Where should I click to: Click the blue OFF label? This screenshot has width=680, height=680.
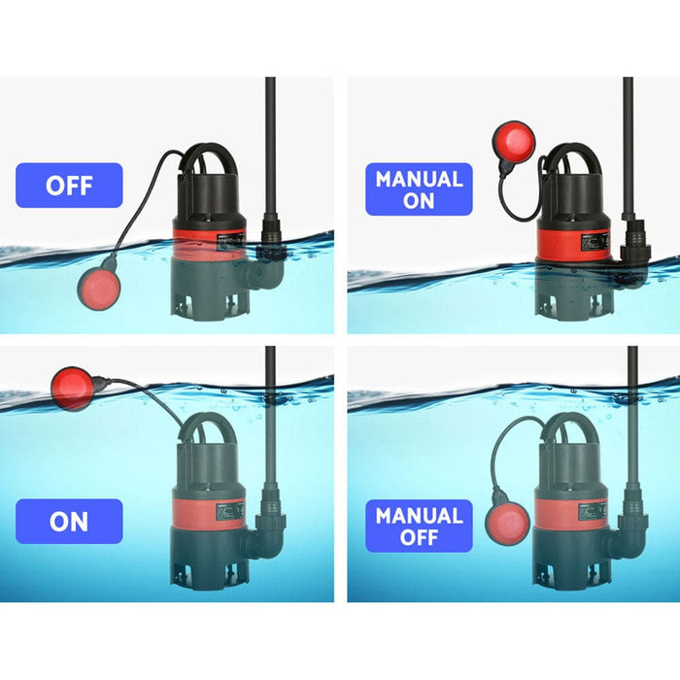[x=69, y=185]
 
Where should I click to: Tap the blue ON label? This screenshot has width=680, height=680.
[x=69, y=521]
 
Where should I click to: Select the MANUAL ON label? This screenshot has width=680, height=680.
[x=419, y=188]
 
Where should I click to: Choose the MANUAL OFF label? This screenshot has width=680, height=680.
[x=419, y=526]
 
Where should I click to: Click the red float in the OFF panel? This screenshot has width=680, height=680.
[x=100, y=289]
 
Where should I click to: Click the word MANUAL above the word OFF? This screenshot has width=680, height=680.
[x=419, y=515]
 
